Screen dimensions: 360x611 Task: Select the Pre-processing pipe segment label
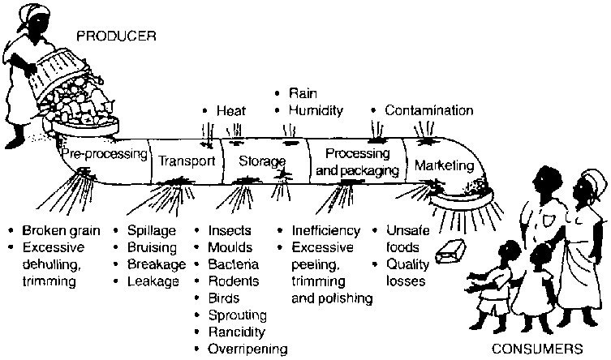(x=101, y=153)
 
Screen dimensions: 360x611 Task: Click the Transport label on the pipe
(x=186, y=161)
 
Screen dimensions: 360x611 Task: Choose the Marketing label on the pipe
(x=443, y=165)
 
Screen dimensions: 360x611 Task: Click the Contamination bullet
(x=428, y=110)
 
